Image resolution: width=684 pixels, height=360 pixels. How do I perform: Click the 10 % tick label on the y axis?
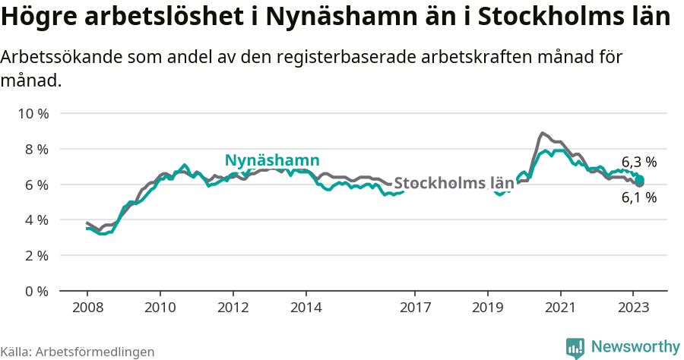tap(33, 114)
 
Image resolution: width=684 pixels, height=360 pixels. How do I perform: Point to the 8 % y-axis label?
tap(36, 150)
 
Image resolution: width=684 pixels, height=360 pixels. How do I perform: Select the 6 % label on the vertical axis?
tap(36, 185)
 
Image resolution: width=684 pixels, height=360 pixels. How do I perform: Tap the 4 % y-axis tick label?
tap(36, 220)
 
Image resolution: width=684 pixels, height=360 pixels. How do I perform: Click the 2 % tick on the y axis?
tap(36, 256)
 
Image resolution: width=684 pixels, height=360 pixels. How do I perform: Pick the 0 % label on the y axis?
tap(36, 291)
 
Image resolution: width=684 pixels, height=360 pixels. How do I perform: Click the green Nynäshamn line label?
tap(271, 160)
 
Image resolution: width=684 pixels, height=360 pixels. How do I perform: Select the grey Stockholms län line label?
tap(454, 183)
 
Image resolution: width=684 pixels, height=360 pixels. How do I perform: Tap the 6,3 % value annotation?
tap(638, 162)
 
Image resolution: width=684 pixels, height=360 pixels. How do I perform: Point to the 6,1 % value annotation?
tap(638, 197)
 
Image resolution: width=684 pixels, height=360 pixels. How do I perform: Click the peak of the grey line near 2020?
tap(542, 133)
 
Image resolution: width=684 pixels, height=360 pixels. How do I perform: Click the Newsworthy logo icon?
tap(575, 348)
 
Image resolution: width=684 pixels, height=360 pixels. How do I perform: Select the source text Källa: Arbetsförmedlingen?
tap(78, 352)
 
